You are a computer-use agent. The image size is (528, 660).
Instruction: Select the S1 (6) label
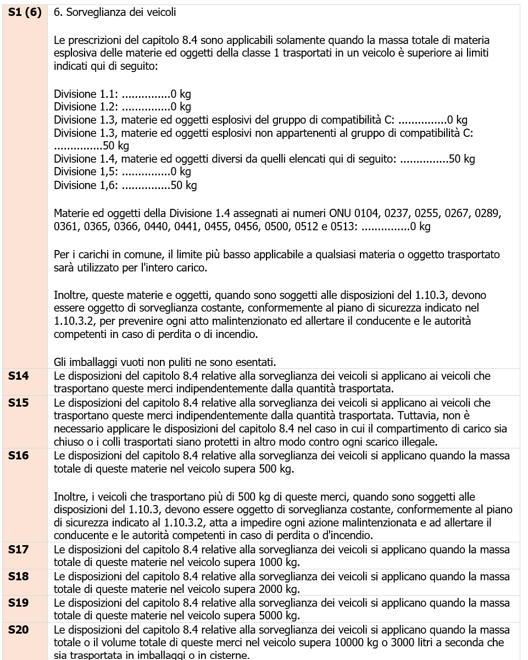[x=24, y=12]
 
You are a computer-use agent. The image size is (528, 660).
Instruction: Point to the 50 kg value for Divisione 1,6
[x=184, y=186]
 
